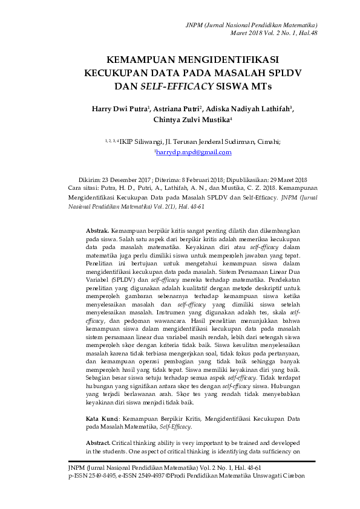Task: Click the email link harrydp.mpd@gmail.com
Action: (194, 152)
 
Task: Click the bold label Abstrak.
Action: (97, 232)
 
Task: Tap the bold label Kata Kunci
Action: (102, 418)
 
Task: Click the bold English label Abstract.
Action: (98, 443)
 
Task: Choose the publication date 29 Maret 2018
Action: (283, 180)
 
